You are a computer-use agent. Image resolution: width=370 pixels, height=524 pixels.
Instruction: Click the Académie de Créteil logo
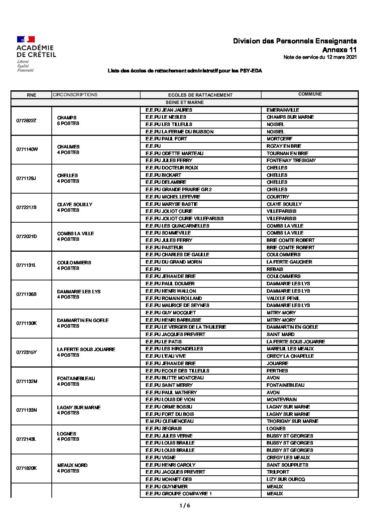pyautogui.click(x=36, y=54)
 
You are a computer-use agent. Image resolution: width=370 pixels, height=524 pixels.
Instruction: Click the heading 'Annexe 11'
pyautogui.click(x=339, y=50)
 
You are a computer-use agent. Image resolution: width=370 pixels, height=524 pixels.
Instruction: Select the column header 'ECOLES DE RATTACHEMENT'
pyautogui.click(x=200, y=95)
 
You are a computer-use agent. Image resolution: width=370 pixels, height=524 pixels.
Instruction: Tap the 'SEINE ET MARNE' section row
pyautogui.click(x=185, y=103)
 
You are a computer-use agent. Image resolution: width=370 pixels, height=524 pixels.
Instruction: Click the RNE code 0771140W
pyautogui.click(x=27, y=149)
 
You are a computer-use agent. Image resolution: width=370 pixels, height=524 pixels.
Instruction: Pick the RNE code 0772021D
pyautogui.click(x=26, y=236)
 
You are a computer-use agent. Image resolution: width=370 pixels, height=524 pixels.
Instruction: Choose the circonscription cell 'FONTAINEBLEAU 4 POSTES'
pyautogui.click(x=76, y=381)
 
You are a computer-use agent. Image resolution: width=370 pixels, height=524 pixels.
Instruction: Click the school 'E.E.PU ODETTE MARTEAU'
pyautogui.click(x=174, y=153)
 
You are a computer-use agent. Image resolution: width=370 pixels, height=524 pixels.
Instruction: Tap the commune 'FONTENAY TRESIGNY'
pyautogui.click(x=291, y=160)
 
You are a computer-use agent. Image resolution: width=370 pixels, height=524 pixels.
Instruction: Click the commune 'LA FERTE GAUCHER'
pyautogui.click(x=289, y=262)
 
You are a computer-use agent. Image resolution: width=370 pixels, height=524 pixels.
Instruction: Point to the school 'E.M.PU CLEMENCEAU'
pyautogui.click(x=169, y=421)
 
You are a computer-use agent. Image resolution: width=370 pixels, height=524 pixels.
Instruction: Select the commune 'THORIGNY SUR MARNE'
pyautogui.click(x=292, y=421)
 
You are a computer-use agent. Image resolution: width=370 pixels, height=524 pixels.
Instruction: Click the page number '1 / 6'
pyautogui.click(x=185, y=505)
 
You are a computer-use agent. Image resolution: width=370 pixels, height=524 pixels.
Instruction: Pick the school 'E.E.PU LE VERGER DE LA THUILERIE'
pyautogui.click(x=185, y=327)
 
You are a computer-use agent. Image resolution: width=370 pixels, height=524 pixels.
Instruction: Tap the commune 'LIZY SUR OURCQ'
pyautogui.click(x=286, y=479)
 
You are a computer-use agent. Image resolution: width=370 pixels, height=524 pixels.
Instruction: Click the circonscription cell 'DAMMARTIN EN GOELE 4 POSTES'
pyautogui.click(x=83, y=323)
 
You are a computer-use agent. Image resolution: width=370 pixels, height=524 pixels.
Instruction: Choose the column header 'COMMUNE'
pyautogui.click(x=310, y=94)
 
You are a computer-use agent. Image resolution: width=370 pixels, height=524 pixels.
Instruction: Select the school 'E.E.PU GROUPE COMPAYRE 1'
pyautogui.click(x=178, y=494)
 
